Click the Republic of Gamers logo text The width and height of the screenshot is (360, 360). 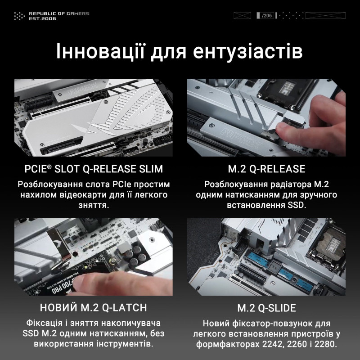pyautogui.click(x=58, y=13)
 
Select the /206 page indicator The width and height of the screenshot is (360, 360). pyautogui.click(x=267, y=16)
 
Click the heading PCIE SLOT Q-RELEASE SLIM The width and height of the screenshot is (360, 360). pyautogui.click(x=94, y=169)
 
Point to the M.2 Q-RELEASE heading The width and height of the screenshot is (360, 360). pyautogui.click(x=267, y=169)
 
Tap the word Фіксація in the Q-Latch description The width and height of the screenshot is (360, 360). pyautogui.click(x=45, y=323)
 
